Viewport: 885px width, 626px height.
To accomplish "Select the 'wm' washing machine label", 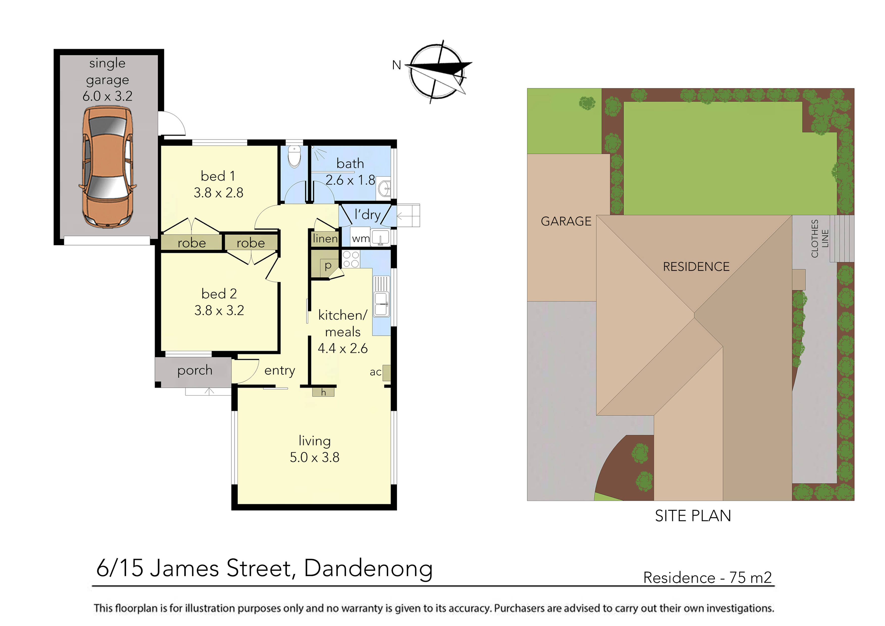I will click(361, 239).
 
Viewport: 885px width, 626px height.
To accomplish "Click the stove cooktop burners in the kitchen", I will click(351, 259).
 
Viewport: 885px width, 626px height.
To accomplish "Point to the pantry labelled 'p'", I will click(328, 265).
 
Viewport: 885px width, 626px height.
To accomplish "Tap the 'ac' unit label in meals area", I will click(375, 372).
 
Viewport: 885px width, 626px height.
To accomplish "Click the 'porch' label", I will click(195, 370).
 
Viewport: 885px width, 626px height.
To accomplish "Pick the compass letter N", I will click(397, 65).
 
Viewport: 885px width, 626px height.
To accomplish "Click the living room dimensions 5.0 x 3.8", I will click(315, 457).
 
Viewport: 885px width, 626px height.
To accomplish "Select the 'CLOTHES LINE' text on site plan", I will click(819, 238).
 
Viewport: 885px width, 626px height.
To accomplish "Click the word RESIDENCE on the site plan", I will click(696, 267).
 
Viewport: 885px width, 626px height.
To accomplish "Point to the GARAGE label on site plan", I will click(565, 221).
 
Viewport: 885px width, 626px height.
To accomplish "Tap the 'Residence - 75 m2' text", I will click(707, 577).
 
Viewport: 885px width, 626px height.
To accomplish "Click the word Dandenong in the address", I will click(368, 568).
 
